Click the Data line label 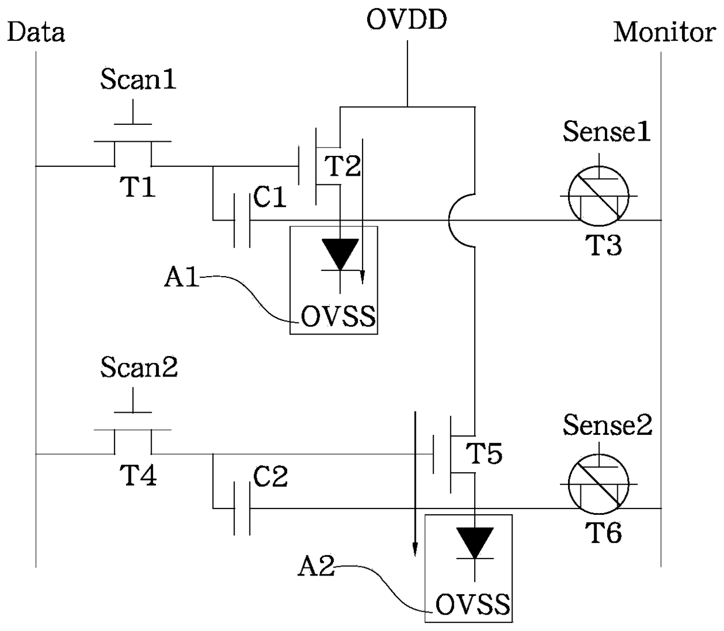point(36,33)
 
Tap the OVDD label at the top point(406,20)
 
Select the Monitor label point(664,33)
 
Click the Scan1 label point(138,79)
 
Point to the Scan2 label point(139,367)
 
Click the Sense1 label point(607,131)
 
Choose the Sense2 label point(607,424)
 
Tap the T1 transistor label point(137,187)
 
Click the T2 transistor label point(343,166)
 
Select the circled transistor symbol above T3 point(598,196)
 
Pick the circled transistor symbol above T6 point(598,484)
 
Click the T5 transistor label point(484,453)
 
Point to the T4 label point(138,475)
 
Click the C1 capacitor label point(270,197)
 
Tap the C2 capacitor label point(270,477)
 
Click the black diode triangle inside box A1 point(340,254)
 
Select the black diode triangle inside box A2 point(475,543)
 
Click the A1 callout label point(181,277)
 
